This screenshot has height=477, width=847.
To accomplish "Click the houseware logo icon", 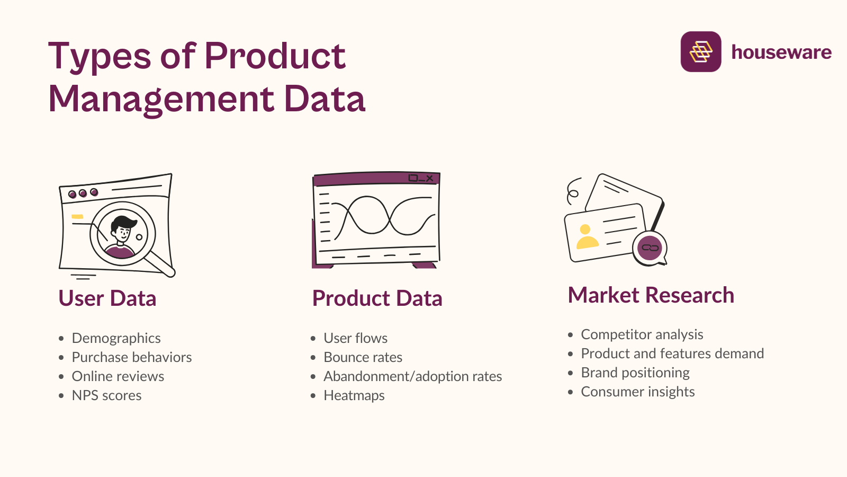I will pos(700,51).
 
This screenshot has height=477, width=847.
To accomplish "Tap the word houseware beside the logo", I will pos(781,52).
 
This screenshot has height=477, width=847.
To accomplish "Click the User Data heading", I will pos(107,298).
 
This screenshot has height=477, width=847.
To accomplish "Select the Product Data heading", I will pos(377,298).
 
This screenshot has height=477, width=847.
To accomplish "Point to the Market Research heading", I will pos(651,295).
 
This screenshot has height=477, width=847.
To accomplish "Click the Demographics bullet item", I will pos(116,338).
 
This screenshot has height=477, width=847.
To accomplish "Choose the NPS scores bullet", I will pos(106,395).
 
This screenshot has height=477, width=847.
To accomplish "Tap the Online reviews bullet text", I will pos(118,376).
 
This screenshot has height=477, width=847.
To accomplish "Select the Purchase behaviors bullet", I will pos(131,357).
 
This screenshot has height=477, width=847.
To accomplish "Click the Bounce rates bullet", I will pos(363,357).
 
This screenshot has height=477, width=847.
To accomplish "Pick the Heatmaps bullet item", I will pos(354,395).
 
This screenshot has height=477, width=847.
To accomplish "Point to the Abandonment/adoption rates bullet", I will pos(412,376).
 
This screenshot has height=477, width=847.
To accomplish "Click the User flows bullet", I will pos(355,338).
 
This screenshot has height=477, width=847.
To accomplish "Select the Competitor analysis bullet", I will pos(642,334).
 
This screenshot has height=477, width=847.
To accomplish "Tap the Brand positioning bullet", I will pos(635,373).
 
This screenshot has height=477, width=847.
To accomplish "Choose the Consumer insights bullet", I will pos(637,392).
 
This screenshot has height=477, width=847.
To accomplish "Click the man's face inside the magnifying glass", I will pos(123,231).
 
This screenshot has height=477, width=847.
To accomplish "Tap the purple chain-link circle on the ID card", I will pos(650,248).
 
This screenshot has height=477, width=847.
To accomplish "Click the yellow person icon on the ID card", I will pos(587,237).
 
